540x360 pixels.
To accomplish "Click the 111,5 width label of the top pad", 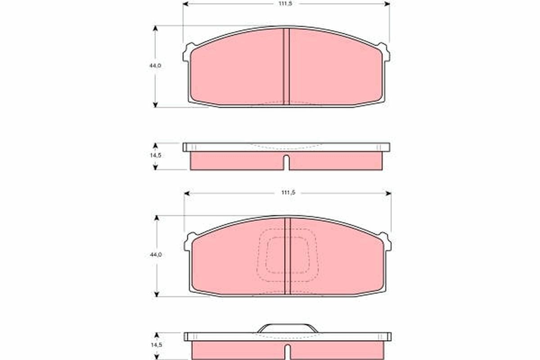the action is (x=285, y=4).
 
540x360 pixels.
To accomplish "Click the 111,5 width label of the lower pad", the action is (x=288, y=193).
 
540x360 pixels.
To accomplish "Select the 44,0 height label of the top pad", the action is (x=156, y=65).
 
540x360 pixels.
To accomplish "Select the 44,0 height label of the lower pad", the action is (x=156, y=255).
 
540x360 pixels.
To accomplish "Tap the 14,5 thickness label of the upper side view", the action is (x=156, y=155).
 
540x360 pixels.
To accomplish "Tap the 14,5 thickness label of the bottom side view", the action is (x=156, y=345).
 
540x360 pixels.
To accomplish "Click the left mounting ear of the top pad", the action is (x=189, y=52).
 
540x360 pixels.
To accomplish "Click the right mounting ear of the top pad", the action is (x=384, y=52).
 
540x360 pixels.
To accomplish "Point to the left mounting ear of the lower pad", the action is (x=190, y=242).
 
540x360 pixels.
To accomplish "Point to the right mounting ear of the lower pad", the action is (x=385, y=242).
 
